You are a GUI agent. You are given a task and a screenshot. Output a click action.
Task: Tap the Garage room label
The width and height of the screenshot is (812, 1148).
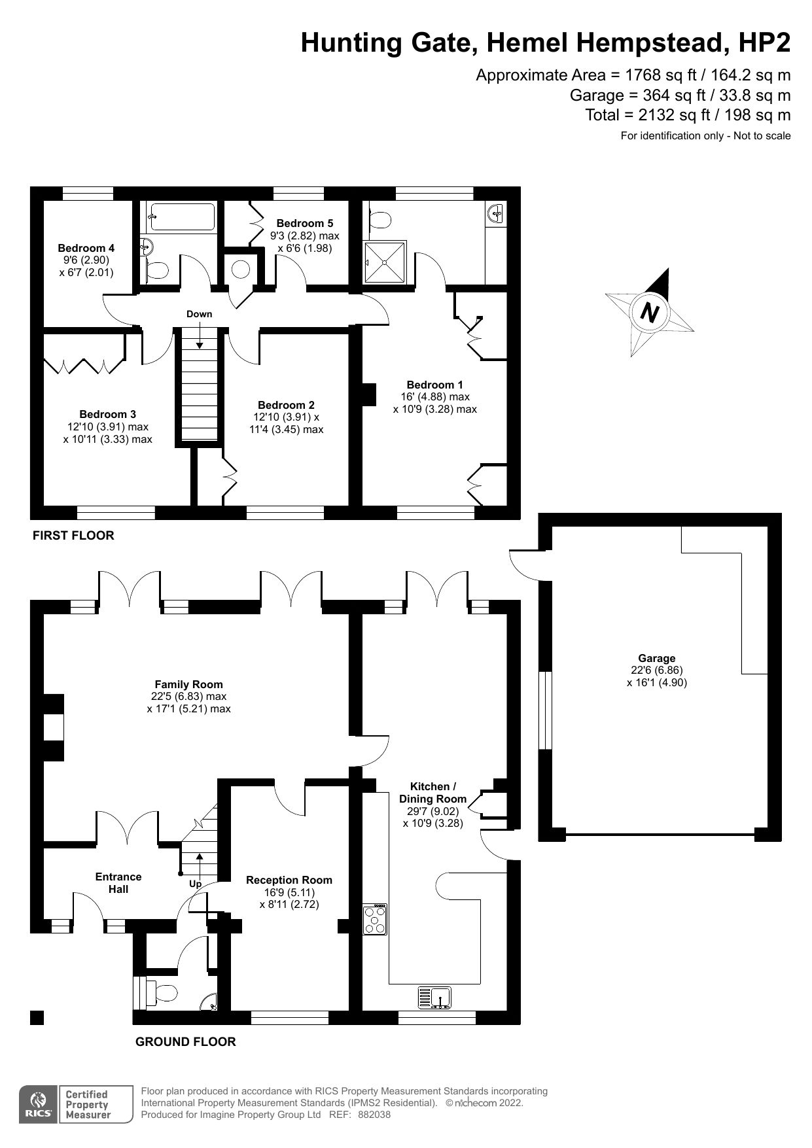click(656, 659)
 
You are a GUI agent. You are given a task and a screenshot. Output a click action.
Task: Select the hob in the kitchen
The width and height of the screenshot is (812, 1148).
click(376, 919)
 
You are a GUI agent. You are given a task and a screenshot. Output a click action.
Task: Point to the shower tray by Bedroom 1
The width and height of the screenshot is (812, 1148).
click(385, 261)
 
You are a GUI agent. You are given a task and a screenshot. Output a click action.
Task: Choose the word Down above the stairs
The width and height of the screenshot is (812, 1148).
click(199, 314)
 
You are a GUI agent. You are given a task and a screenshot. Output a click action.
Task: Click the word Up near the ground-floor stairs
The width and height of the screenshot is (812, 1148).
click(195, 884)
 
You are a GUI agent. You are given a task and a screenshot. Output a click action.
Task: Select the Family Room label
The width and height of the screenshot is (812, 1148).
click(188, 685)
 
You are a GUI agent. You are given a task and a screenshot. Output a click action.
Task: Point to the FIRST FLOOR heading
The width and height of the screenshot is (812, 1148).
click(73, 536)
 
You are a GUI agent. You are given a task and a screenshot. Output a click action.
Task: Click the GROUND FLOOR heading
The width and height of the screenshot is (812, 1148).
click(185, 1042)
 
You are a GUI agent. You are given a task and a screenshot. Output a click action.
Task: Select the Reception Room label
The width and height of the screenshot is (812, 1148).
click(289, 880)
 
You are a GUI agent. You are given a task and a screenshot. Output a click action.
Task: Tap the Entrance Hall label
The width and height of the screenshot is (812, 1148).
click(118, 882)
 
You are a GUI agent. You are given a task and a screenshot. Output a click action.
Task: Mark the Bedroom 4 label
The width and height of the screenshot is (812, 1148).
click(86, 248)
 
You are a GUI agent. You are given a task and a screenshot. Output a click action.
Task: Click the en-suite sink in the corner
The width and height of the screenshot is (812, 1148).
click(495, 213)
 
